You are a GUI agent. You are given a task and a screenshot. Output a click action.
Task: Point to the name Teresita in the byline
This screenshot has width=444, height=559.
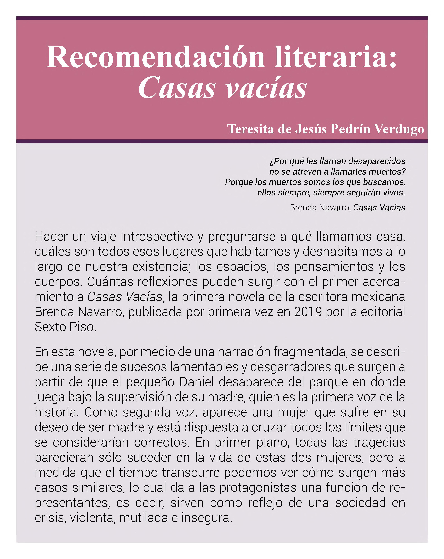(x=251, y=129)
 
